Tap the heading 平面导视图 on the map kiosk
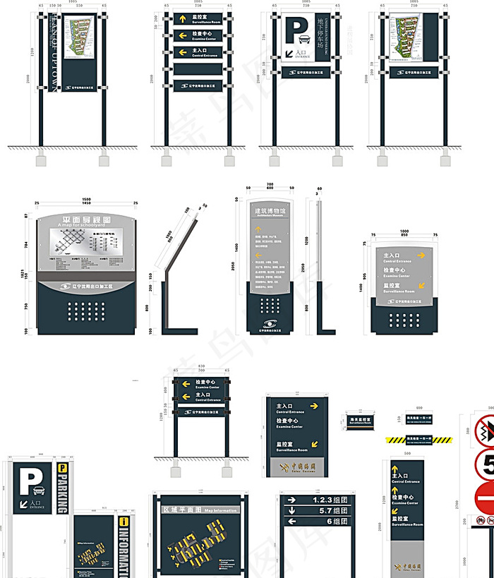(83, 219)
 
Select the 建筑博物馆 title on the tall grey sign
(270, 210)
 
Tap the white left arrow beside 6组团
(291, 522)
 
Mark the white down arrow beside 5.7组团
(291, 510)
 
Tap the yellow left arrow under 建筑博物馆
(258, 255)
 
